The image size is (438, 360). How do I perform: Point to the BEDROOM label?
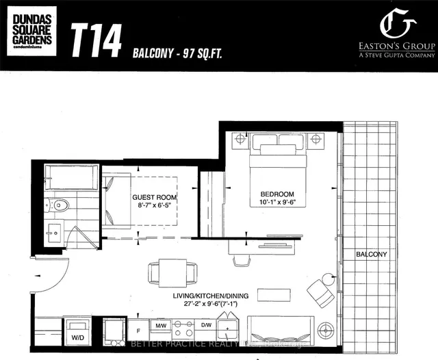coord(276,194)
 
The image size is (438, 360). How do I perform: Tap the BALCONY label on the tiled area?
coord(371,255)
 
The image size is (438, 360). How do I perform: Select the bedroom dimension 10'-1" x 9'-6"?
coord(276,203)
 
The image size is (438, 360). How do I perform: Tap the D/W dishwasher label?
coord(207,324)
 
